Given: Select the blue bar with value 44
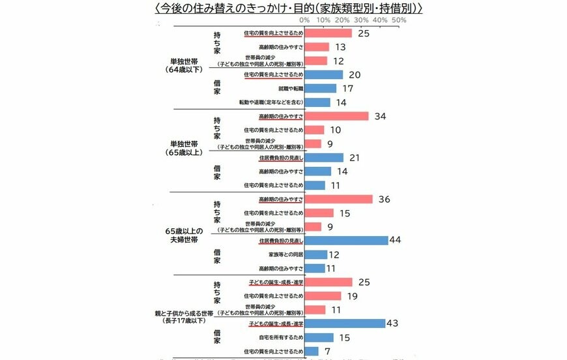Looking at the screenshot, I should pyautogui.click(x=346, y=240).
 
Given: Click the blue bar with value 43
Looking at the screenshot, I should pyautogui.click(x=345, y=323).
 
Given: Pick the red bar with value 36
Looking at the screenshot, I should pyautogui.click(x=338, y=199).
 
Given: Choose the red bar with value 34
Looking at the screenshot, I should pyautogui.click(x=336, y=116).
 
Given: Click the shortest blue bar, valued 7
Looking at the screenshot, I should pyautogui.click(x=312, y=351).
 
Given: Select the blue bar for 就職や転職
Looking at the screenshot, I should pyautogui.click(x=320, y=88).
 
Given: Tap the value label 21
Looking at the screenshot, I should pyautogui.click(x=354, y=157).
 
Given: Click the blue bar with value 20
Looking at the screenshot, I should pyautogui.click(x=323, y=74).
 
